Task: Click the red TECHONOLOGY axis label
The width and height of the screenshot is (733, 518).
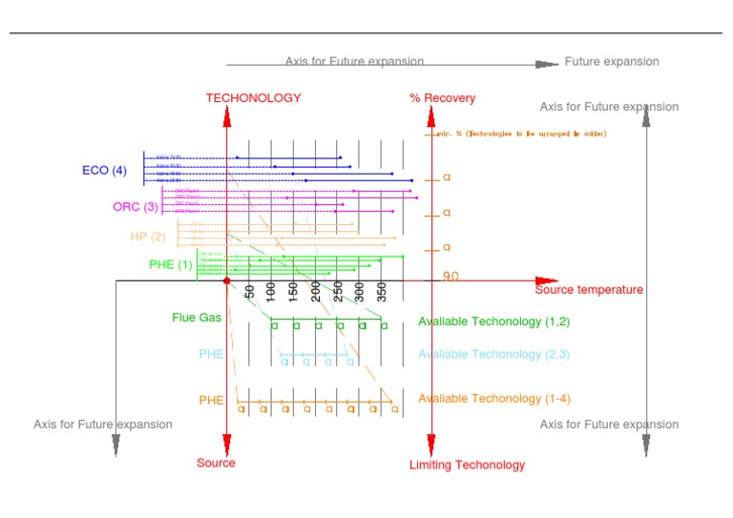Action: [253, 98]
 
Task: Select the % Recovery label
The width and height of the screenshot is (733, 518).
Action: [442, 98]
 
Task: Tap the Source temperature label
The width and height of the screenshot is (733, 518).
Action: [589, 290]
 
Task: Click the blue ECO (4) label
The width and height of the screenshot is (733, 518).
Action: [104, 171]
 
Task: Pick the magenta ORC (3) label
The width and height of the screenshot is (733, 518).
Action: [135, 206]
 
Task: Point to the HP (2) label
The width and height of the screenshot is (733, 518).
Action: [148, 237]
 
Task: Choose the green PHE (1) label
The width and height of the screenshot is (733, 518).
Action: [171, 264]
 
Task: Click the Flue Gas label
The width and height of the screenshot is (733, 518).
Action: [197, 318]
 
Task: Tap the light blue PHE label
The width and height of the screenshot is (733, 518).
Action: [211, 354]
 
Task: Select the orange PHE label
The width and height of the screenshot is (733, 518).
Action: [211, 401]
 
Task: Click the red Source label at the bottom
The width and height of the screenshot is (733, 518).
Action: [216, 464]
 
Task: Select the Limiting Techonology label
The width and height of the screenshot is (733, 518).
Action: [467, 466]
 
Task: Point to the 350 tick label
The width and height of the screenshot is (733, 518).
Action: [381, 291]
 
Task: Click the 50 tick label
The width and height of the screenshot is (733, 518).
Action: [249, 291]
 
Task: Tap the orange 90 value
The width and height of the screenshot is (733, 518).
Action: [450, 277]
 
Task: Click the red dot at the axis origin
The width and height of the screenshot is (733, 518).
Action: [227, 280]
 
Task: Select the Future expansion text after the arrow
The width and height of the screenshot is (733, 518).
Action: [612, 62]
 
